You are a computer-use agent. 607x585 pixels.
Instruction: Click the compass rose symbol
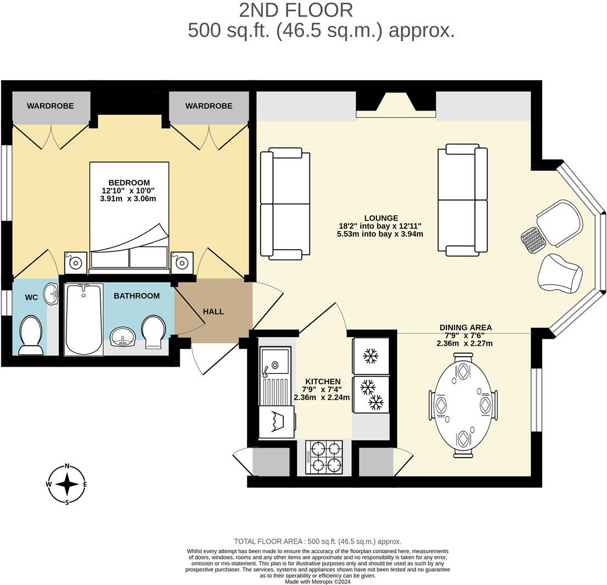point(67,484)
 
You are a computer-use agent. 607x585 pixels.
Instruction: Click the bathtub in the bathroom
point(84,319)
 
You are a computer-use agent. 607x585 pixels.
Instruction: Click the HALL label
point(213,311)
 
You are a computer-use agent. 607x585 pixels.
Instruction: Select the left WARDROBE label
point(51,106)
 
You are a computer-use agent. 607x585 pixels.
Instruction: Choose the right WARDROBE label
point(208,106)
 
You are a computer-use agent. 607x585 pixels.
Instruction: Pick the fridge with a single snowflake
point(371,356)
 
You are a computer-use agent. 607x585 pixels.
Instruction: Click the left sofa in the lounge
point(285,204)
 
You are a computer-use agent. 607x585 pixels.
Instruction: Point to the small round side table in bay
point(532,240)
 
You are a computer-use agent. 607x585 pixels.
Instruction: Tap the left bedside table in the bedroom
point(75,262)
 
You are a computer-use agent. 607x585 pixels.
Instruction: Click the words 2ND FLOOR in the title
point(296,10)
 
